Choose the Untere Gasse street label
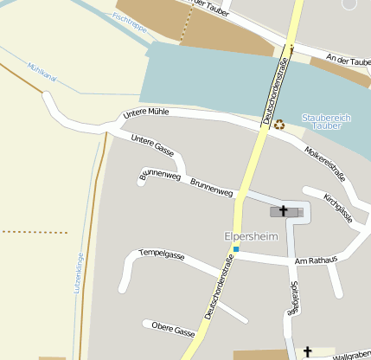tap(153, 145)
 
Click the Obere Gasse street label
tap(173, 331)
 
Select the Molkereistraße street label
tap(325, 164)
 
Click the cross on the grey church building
tap(283, 211)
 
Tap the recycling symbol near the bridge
tap(279, 125)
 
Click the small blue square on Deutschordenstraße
tap(235, 250)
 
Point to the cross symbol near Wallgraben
tap(307, 351)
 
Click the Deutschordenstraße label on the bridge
tap(274, 88)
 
